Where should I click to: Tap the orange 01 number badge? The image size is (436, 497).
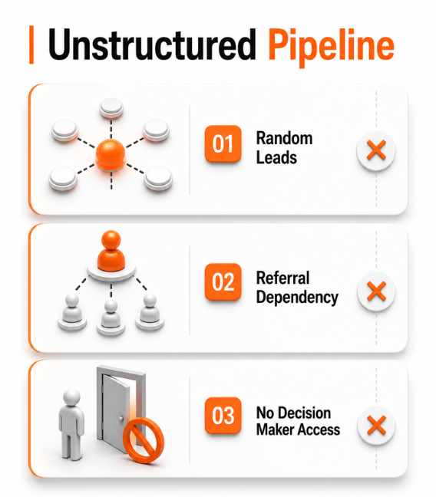223,143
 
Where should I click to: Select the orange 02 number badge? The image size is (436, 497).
223,281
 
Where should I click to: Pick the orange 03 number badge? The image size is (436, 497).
223,415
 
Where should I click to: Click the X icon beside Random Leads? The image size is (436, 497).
376,150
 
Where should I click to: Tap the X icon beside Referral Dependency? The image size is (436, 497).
376,291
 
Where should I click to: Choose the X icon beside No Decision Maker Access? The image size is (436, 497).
376,425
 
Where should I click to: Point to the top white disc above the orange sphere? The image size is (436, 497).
111,108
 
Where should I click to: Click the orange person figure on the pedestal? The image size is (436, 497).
111,250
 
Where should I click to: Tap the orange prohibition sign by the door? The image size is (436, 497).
144,439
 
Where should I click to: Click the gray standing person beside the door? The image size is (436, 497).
71,424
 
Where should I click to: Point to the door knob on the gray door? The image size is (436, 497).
121,419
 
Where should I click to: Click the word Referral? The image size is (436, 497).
282,278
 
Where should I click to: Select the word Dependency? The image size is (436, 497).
297,298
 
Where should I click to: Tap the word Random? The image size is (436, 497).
284,138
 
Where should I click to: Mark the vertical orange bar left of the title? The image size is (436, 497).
31,44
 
